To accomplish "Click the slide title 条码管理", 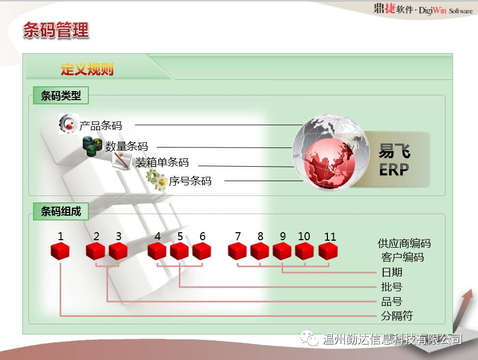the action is (56, 30).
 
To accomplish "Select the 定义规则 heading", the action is (87, 69).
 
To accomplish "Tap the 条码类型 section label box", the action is (61, 95).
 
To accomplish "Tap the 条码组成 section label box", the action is (61, 211).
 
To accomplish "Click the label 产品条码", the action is (101, 125).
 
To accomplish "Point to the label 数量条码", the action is (127, 146).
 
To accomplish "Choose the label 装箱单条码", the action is (162, 162).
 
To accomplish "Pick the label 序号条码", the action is (190, 181).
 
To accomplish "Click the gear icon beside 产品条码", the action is (68, 124).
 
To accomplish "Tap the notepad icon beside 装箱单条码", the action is (122, 161).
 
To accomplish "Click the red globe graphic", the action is (331, 152).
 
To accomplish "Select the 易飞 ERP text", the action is (394, 160).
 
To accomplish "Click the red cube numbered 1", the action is (60, 251).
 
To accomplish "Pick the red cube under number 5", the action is (179, 251).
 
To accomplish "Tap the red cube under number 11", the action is (328, 251).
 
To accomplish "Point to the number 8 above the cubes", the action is (260, 236).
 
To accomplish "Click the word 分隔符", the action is (397, 315).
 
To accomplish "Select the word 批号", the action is (392, 287).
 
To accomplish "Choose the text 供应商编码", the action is (404, 243).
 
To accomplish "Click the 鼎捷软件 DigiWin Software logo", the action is (423, 9).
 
